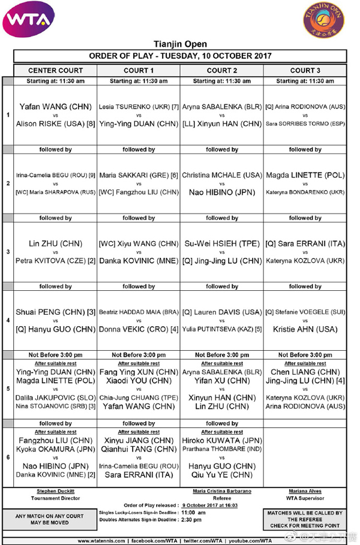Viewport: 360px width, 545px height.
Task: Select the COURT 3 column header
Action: tap(305, 70)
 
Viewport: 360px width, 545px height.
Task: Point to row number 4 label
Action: tap(7, 320)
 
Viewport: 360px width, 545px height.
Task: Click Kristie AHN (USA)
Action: tap(305, 329)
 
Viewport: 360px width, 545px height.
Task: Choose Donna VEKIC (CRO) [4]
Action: tap(139, 329)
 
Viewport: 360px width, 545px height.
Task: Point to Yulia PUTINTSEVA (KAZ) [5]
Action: tap(222, 329)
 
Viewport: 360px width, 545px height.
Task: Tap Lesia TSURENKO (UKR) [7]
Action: tap(139, 107)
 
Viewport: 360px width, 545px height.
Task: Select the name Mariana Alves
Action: tap(305, 490)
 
